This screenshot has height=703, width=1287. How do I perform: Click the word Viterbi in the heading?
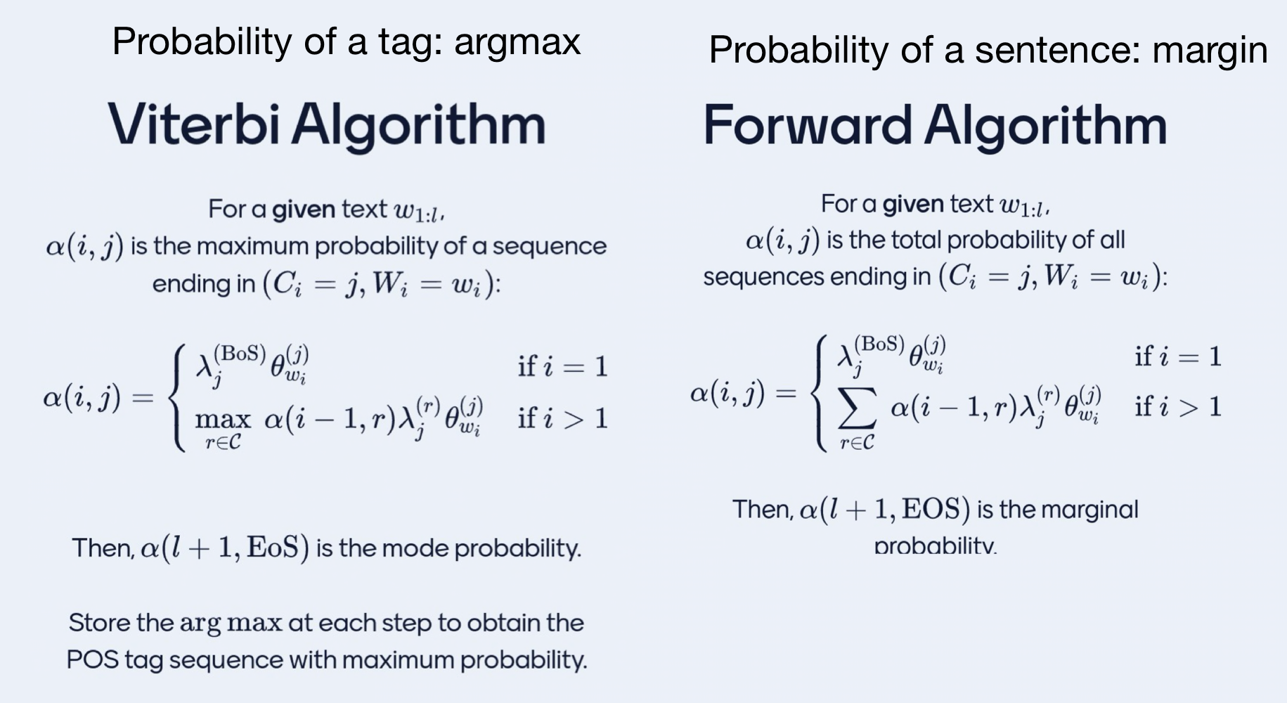click(x=195, y=124)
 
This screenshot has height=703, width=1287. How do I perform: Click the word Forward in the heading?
click(x=807, y=125)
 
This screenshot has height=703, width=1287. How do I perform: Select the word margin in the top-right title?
click(x=1210, y=51)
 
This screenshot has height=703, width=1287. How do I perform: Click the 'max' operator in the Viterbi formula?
click(x=223, y=420)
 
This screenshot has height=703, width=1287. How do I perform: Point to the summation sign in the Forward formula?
click(x=858, y=408)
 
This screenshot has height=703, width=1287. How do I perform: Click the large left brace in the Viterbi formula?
click(x=179, y=398)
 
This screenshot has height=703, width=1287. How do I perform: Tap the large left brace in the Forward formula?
click(x=820, y=394)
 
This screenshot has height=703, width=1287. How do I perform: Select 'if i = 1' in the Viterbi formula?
click(x=562, y=366)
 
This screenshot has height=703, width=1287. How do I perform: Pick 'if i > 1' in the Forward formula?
click(x=1178, y=407)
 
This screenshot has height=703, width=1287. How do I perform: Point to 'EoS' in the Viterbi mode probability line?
click(x=274, y=548)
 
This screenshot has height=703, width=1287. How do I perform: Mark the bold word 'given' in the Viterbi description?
click(x=303, y=209)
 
